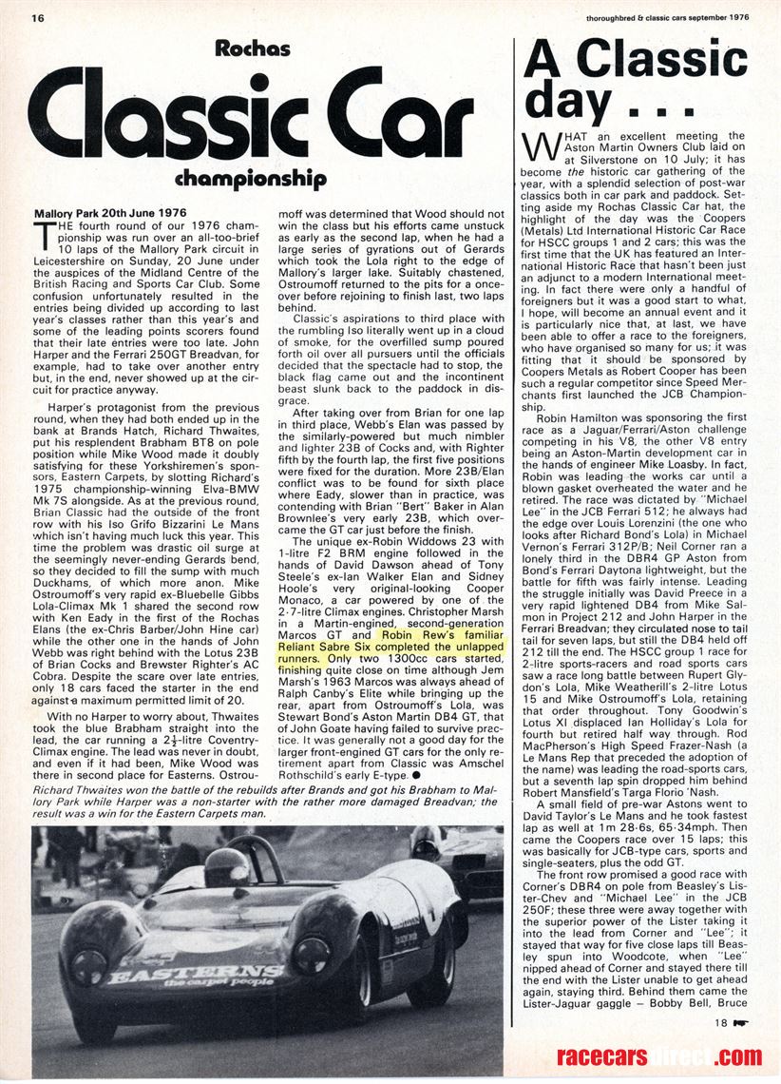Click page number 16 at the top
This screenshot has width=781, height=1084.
point(38,17)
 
